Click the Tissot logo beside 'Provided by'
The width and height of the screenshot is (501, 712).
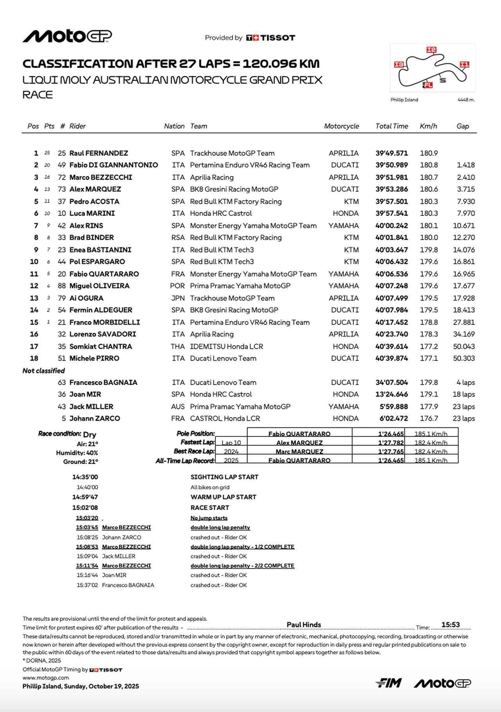point(270,38)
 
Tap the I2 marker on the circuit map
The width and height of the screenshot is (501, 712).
point(431,50)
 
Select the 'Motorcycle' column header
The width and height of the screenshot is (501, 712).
point(341,126)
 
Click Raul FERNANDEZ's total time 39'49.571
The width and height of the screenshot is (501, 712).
point(391,153)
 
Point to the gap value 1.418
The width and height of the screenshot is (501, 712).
point(465,165)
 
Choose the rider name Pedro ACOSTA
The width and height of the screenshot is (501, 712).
point(94,202)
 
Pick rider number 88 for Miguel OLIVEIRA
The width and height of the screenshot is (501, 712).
point(61,286)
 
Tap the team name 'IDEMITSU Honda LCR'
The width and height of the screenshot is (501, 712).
point(226,346)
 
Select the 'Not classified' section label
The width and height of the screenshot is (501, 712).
point(43,371)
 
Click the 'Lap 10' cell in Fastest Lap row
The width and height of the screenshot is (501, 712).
point(231,443)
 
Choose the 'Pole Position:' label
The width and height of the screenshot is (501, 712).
point(195,434)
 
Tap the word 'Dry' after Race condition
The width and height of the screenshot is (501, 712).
point(90,434)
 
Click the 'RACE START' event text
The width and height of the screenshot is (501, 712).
point(209,508)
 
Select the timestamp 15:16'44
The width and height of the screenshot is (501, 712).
point(87,575)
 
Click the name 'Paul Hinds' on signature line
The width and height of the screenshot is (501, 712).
point(304,625)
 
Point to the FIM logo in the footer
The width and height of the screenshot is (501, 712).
point(388,683)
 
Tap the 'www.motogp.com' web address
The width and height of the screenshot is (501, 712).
point(46,678)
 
